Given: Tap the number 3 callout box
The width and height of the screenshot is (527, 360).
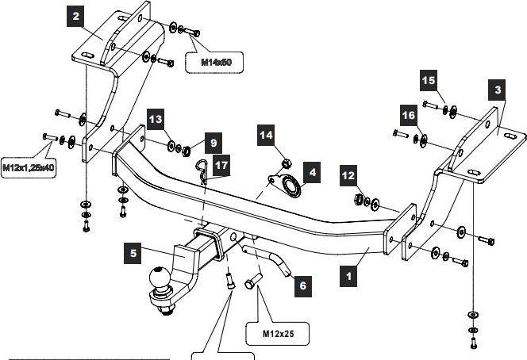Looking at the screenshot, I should coord(498,90).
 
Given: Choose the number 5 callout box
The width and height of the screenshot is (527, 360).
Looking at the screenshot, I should coord(133,255).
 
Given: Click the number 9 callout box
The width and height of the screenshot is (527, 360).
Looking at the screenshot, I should coord(212,144).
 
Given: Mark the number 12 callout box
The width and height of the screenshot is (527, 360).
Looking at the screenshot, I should coord(347,174).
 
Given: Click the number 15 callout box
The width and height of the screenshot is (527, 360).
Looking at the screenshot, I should coord(429,80).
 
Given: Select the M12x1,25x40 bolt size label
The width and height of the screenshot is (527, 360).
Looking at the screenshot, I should coord(28,168).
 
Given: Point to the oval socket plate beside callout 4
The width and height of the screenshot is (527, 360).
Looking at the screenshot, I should coord(287,187).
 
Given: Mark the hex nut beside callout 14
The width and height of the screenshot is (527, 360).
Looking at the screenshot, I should coord(283,164).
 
